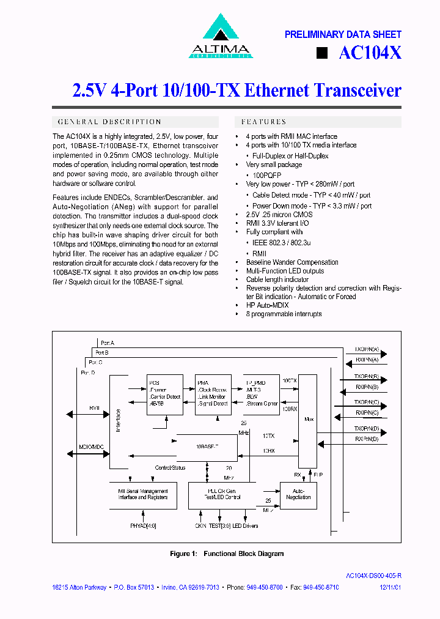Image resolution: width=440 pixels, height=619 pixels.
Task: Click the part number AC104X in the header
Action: tap(370, 53)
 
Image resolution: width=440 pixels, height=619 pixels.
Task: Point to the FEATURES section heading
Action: tap(264, 122)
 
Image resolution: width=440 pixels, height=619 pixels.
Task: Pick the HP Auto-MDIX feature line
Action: tap(267, 305)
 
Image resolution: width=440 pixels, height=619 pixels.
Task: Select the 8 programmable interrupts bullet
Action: tap(283, 314)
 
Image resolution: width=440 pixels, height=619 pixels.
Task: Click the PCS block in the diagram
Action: tap(164, 395)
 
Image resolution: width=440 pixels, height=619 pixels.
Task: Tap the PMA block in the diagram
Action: tap(213, 395)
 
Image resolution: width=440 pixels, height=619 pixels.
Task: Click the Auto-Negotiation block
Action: tap(298, 495)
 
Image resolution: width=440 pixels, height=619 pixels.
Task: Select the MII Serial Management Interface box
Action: tap(143, 495)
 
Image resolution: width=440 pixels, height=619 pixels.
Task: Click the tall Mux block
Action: tap(309, 419)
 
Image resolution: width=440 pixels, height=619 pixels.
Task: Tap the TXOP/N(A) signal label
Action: tap(367, 349)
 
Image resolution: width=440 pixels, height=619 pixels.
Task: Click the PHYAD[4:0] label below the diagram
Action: tap(143, 525)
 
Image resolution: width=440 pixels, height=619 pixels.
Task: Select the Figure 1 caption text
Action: tap(227, 554)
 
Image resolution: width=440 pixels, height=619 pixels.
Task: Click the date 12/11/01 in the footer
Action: tap(391, 587)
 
